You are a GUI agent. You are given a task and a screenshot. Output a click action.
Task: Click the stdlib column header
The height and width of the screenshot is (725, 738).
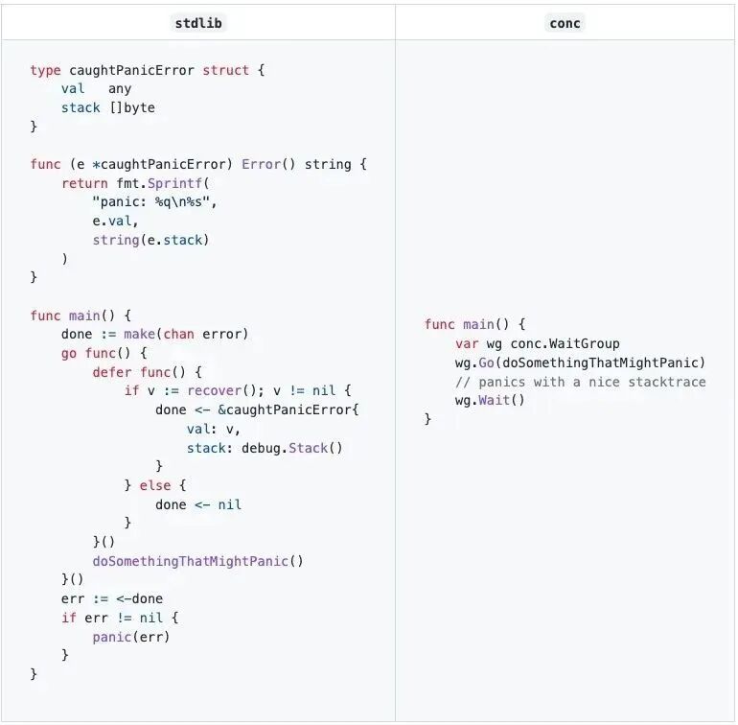tap(199, 23)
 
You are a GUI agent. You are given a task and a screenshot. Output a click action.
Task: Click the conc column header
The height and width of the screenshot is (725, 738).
tap(565, 23)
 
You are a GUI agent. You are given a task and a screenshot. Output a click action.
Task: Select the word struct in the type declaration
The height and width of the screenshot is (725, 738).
tap(226, 70)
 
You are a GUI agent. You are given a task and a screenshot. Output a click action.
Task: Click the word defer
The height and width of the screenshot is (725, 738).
tap(111, 372)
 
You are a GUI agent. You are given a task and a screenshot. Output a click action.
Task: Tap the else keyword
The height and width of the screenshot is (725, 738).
tap(155, 485)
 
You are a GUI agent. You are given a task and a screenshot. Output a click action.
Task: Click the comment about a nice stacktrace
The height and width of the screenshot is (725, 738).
tap(580, 382)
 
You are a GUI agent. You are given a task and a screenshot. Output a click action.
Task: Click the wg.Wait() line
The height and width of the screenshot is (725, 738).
tap(490, 401)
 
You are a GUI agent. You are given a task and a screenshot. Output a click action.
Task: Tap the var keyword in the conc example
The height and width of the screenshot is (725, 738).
tap(467, 343)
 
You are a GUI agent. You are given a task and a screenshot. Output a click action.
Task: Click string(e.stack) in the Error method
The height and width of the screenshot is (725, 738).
tap(150, 240)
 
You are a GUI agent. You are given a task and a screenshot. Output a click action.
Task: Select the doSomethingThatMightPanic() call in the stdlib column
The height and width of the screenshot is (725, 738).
tap(197, 561)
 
